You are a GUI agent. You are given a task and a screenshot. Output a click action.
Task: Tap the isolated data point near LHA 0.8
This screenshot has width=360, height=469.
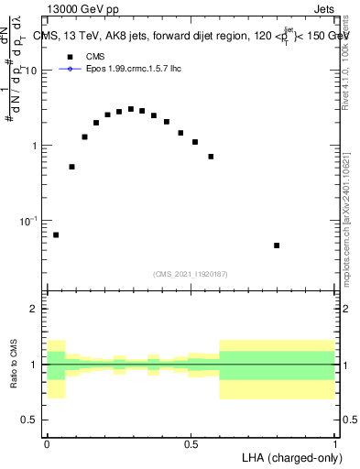[x=277, y=245]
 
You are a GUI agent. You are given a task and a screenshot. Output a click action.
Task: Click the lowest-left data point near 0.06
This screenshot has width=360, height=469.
[x=56, y=235]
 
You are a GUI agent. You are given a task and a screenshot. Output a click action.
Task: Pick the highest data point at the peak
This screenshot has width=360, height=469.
[x=131, y=109]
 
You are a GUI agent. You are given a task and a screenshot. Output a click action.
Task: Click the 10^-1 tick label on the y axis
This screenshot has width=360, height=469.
[x=30, y=221]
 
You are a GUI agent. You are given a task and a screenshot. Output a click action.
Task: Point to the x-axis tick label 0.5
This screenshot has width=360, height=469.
[x=191, y=444]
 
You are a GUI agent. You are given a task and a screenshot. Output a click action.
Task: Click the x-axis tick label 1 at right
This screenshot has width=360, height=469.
[x=334, y=444]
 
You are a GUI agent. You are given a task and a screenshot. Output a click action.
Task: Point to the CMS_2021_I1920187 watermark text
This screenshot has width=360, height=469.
[x=190, y=273]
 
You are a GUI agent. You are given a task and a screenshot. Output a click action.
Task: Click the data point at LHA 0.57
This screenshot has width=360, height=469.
[x=211, y=157]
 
